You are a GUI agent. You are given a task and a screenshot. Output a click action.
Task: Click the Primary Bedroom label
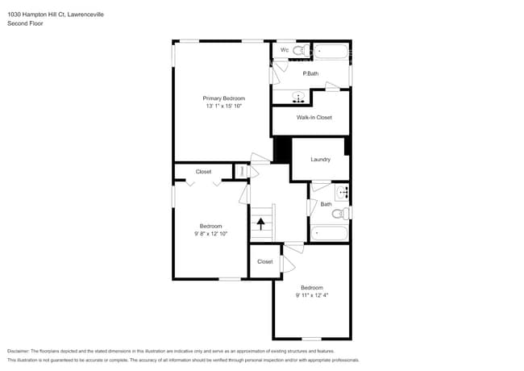pos(224,98)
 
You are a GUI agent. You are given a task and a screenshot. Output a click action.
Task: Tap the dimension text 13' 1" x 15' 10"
pos(224,106)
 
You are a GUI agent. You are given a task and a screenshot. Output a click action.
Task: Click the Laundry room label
pos(321,159)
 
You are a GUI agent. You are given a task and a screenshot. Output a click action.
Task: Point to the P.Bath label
pos(310,74)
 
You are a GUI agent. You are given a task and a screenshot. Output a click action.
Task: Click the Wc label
pos(285,50)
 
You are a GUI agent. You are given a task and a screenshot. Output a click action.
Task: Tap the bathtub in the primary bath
pos(331,52)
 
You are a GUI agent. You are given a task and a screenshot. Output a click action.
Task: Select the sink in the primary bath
pos(299,98)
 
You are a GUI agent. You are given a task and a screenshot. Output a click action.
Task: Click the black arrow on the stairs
pos(260,223)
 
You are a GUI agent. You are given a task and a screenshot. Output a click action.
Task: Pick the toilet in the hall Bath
pos(345,214)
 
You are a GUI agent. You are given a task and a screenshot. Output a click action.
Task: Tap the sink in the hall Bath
pos(342,192)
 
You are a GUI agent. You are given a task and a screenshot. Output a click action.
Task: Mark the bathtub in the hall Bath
pos(329,233)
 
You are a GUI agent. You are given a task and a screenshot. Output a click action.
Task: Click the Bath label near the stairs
pos(326,204)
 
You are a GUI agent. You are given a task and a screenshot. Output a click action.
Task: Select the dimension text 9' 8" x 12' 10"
pos(211,234)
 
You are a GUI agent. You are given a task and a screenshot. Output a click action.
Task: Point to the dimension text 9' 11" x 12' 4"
pos(312,295)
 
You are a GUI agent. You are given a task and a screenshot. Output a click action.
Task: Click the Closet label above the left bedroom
pos(204,171)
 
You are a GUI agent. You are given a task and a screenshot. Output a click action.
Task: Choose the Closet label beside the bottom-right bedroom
pos(264,261)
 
